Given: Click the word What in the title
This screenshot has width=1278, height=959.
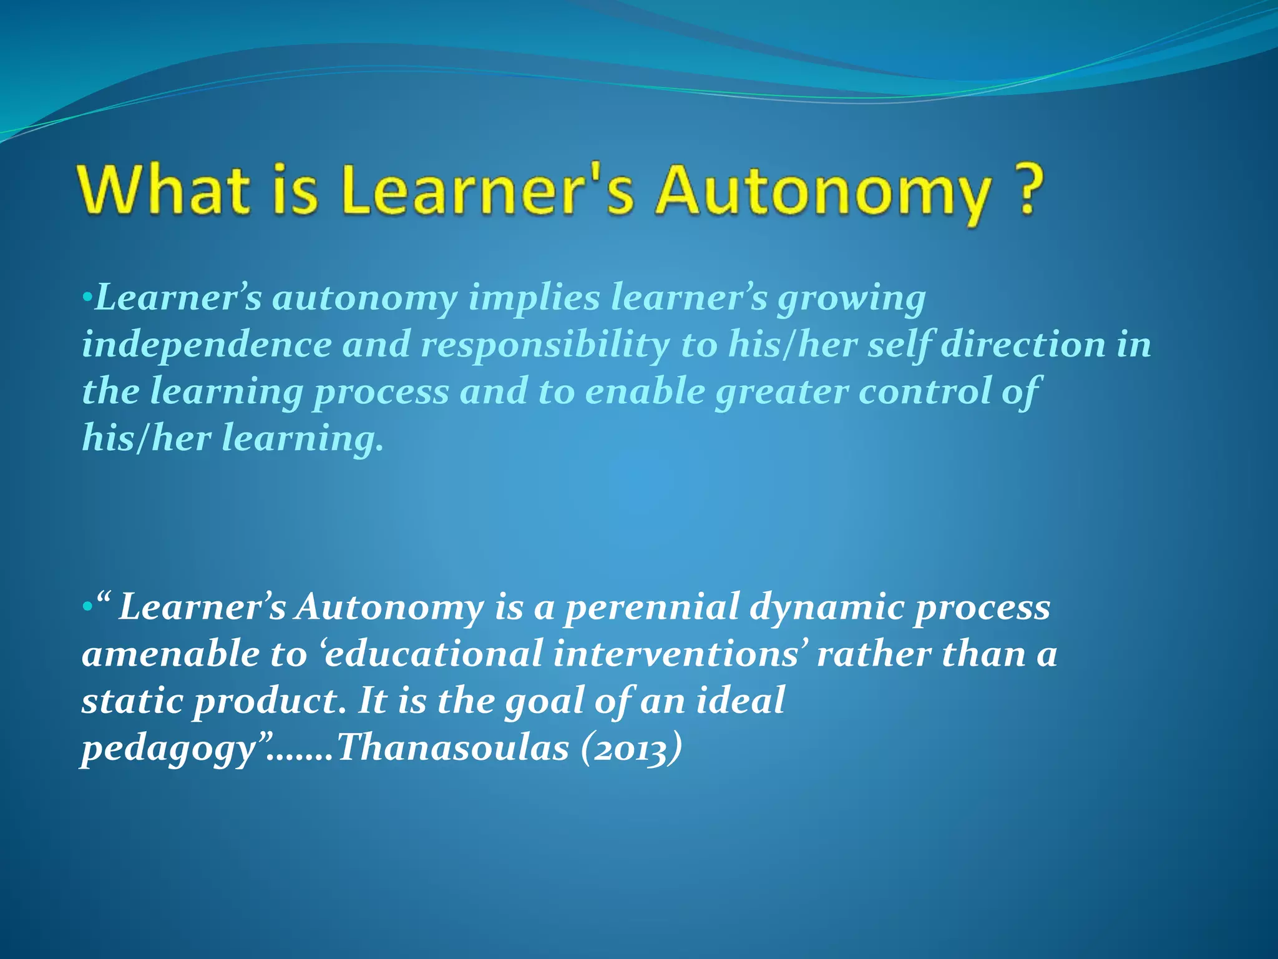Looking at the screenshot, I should pos(163,190).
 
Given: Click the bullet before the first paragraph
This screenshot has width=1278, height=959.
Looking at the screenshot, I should pos(87,296).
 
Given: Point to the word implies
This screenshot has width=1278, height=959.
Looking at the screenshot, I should pos(534,298).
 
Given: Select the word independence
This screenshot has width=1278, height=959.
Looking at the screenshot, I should pos(207,345).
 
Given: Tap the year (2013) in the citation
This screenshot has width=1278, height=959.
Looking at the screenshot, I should pos(630,748).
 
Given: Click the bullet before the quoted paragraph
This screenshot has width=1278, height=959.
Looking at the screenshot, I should pos(87,607).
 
